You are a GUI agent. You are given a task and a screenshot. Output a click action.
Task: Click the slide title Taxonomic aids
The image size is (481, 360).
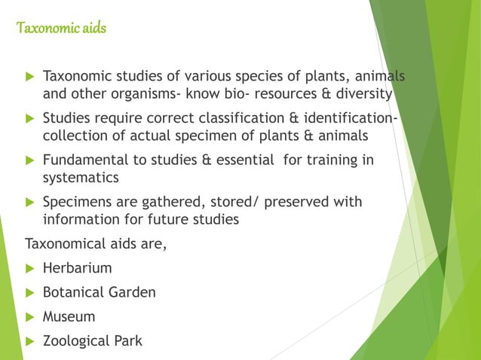[61, 29]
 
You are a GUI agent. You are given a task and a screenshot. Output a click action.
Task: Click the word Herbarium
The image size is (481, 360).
[77, 268]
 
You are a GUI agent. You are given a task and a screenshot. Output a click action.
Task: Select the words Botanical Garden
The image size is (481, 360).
[99, 292]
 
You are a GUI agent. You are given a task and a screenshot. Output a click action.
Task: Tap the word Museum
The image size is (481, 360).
[69, 316]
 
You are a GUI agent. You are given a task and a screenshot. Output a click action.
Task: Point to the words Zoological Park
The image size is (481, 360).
[92, 340]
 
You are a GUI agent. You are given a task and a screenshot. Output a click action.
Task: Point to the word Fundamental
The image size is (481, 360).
[85, 160]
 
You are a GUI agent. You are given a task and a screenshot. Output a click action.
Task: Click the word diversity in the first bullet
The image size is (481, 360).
[364, 94]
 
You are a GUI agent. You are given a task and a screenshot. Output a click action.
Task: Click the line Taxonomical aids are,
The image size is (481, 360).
[96, 244]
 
